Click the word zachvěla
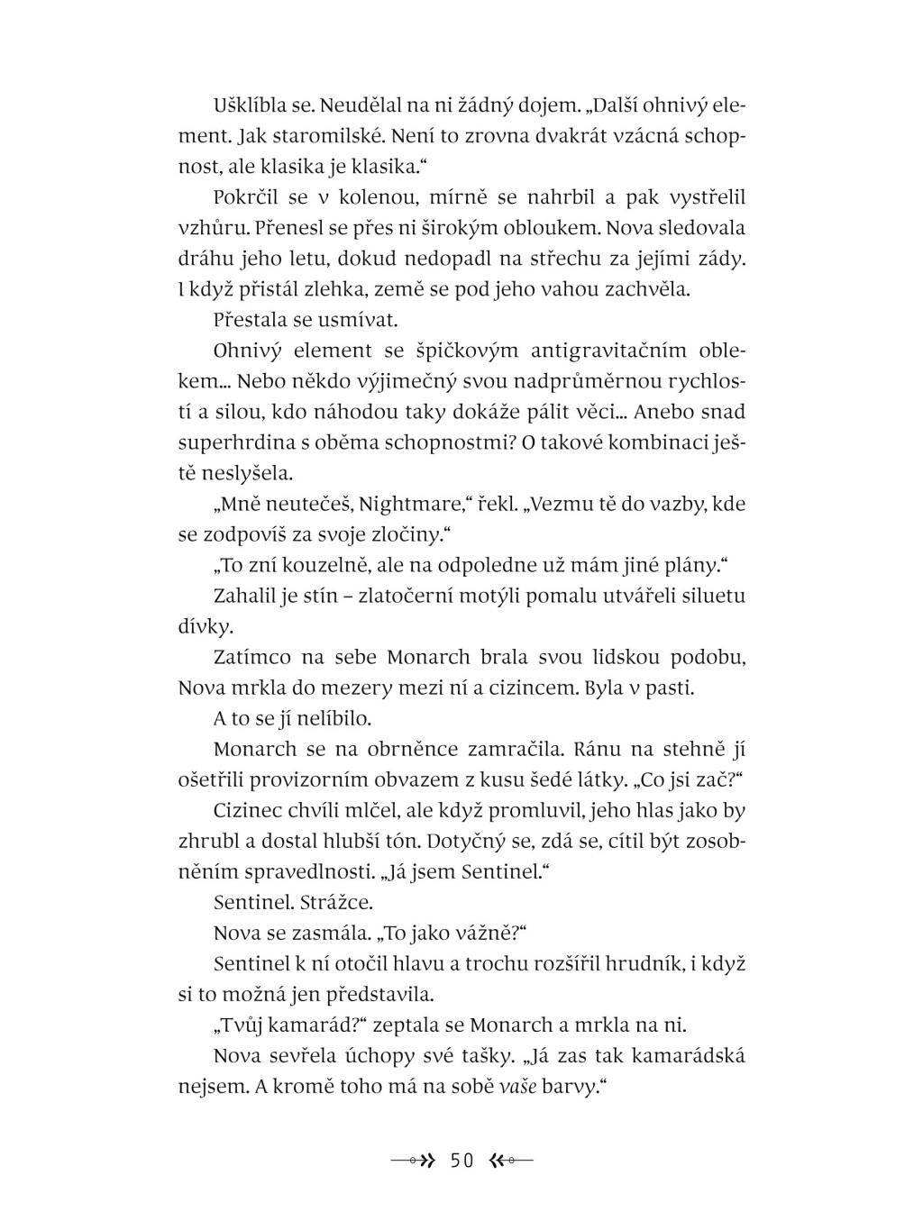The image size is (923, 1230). (x=646, y=289)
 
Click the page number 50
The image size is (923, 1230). (x=461, y=1161)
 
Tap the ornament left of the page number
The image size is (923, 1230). (x=414, y=1161)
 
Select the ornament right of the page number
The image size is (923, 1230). (x=510, y=1161)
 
